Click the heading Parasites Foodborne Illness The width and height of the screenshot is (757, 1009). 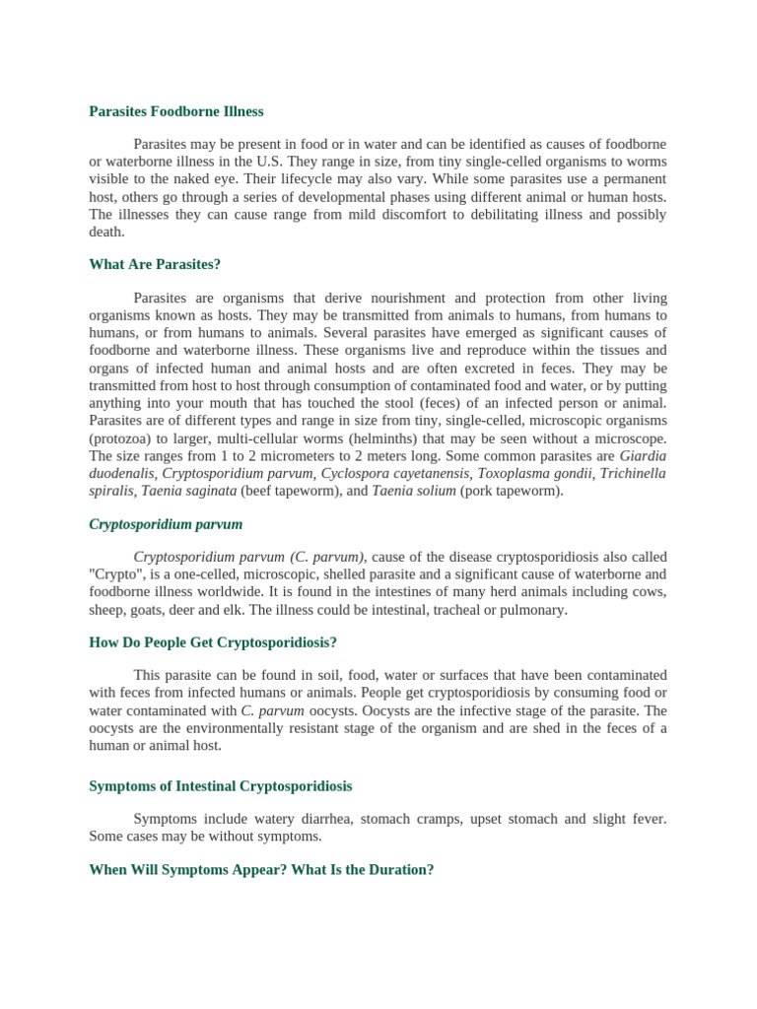(176, 111)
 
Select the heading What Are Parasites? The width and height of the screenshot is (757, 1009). (155, 264)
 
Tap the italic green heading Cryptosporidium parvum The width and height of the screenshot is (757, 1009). (166, 524)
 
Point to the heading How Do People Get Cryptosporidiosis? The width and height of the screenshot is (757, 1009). (213, 642)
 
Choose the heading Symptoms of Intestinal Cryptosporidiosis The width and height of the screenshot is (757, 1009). (221, 786)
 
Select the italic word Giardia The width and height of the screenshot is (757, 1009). (643, 455)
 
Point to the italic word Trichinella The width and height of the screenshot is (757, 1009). (633, 473)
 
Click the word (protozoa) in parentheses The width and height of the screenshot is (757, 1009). (120, 437)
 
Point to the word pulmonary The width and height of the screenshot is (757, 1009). (535, 610)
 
